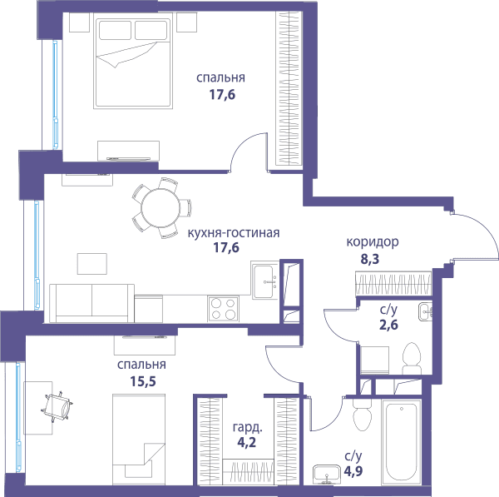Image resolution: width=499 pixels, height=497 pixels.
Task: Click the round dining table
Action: (161, 208)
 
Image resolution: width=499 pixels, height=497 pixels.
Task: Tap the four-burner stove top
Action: (223, 308)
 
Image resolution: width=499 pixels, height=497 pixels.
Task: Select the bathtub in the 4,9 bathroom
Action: (401, 441)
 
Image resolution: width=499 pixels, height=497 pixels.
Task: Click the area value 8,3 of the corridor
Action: (370, 260)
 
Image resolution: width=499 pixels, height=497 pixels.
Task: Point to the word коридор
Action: (373, 242)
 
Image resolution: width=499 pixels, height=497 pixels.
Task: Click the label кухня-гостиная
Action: (234, 233)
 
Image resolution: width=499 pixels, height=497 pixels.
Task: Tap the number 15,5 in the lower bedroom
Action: (143, 381)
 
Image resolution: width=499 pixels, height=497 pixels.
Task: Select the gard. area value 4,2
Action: (247, 443)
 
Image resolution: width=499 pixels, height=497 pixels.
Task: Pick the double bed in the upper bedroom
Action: (133, 61)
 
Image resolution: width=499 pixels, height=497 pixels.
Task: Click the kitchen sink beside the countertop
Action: (264, 281)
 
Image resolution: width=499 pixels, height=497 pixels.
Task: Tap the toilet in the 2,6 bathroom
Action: (412, 359)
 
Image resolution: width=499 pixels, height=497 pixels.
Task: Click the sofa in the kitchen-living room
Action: (91, 303)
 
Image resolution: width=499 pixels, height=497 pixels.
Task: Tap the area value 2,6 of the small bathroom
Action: (388, 325)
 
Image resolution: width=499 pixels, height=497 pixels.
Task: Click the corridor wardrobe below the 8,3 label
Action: (393, 284)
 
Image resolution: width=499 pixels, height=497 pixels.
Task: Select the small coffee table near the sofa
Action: (92, 264)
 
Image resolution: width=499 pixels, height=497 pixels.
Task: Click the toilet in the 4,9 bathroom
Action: (362, 415)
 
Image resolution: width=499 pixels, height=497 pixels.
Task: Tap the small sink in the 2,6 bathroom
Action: (426, 311)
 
